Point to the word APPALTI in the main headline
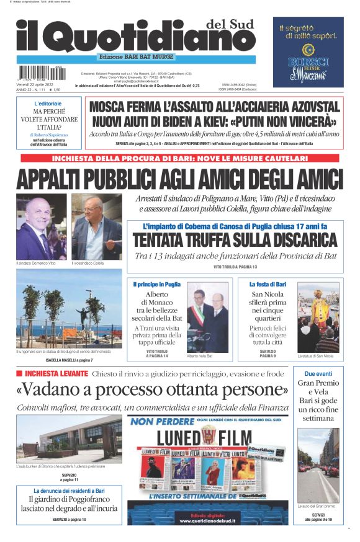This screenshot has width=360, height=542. tap(56, 179)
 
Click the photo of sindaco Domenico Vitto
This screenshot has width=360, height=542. tap(41, 227)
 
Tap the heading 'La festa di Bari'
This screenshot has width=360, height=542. tap(267, 283)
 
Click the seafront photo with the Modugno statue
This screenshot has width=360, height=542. tap(69, 316)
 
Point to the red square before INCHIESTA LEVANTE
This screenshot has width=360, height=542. tap(19, 373)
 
